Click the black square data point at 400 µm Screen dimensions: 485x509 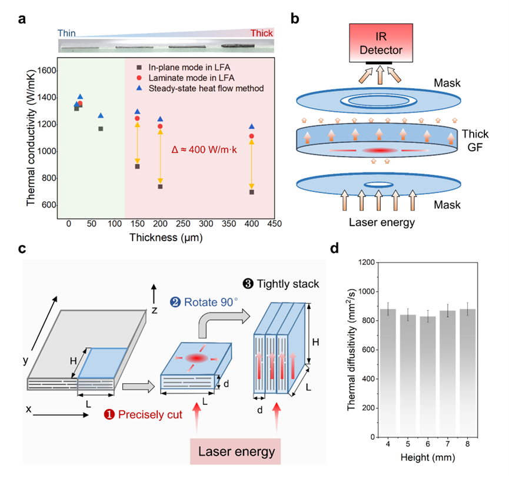(252, 192)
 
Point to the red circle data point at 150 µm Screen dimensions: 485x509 (137, 118)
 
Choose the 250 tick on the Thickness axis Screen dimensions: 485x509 (183, 224)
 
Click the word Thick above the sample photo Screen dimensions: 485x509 (262, 34)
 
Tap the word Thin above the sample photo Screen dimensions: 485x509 (66, 34)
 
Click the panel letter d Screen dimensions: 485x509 (334, 248)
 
